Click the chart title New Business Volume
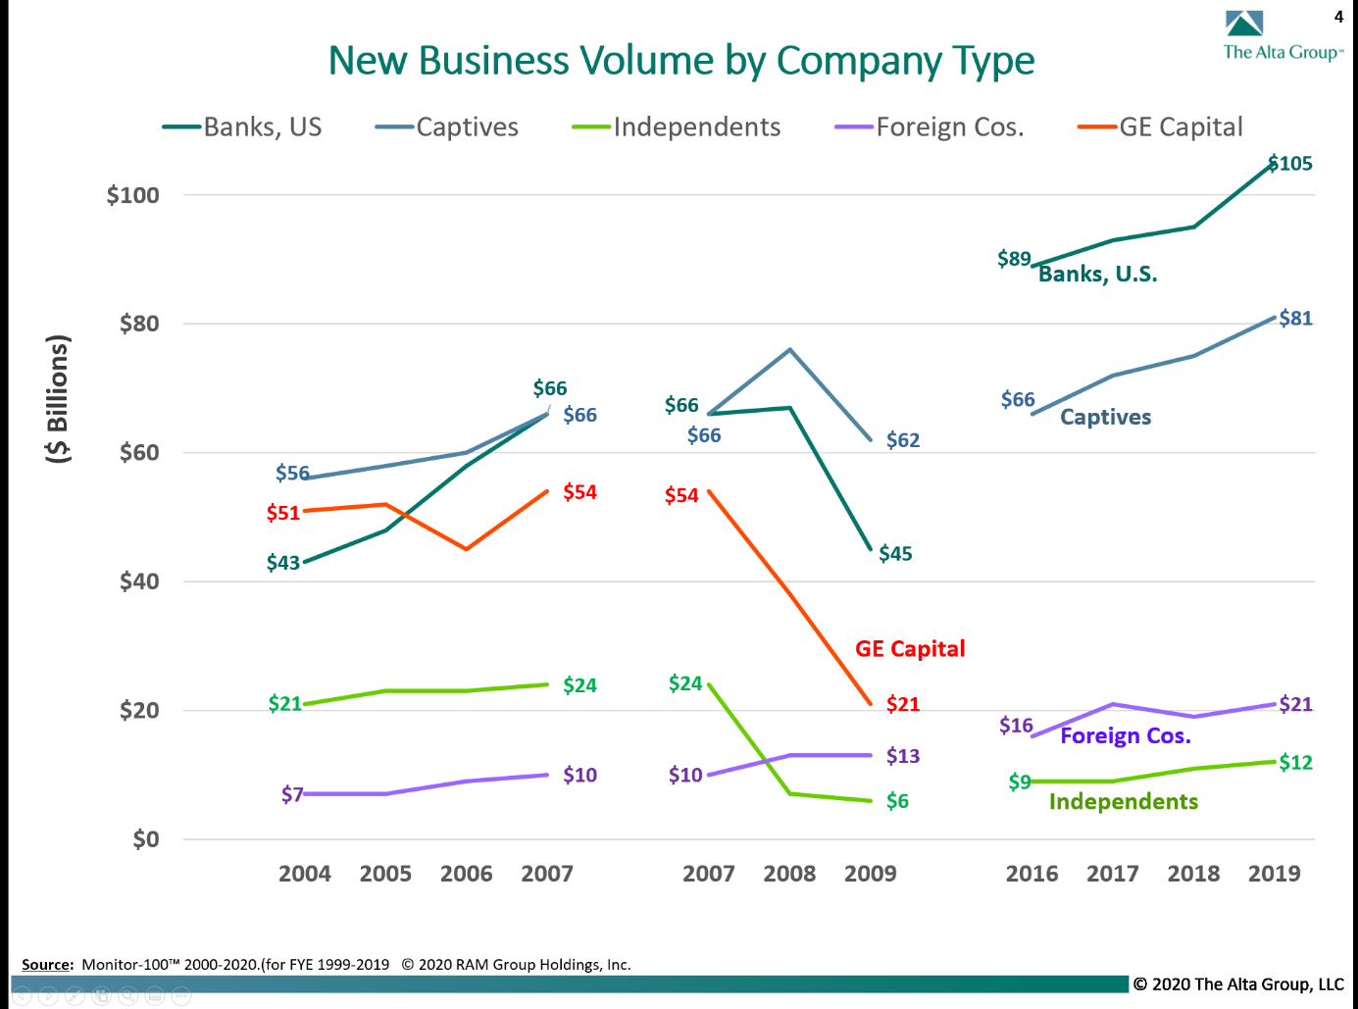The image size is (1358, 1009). pos(680,61)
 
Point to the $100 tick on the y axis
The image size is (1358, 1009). pos(133,195)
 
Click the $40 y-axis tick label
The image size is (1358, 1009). pos(139,581)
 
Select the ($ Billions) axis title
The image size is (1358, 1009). pos(59,398)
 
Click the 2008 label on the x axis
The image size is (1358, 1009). pos(789,874)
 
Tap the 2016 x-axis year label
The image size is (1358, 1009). pos(1031,874)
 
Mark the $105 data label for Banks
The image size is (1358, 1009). pos(1290,164)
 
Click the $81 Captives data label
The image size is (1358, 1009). pos(1295,319)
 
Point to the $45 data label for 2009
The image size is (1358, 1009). pos(895,554)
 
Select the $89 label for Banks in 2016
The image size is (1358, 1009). pos(1014,259)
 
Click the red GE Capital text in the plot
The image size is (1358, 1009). pos(910,649)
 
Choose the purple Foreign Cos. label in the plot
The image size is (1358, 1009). pos(1125,736)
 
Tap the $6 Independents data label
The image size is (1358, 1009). pos(897,801)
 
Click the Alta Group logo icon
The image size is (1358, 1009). pos(1244,24)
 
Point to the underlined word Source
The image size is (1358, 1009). pos(47,965)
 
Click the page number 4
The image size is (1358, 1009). pos(1338,17)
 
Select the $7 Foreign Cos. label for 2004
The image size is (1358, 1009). pos(292,794)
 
